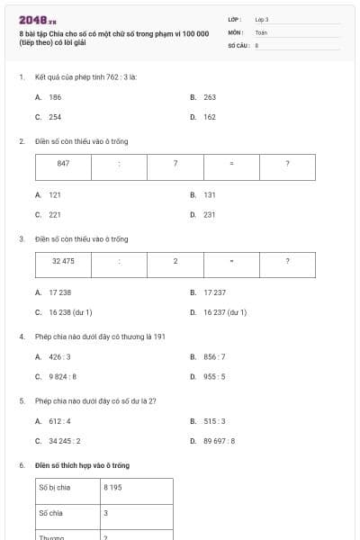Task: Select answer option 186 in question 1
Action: coord(55,96)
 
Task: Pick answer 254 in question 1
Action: coord(55,117)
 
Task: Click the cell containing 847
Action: coord(63,164)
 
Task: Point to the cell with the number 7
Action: coord(175,164)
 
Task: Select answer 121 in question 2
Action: coord(55,194)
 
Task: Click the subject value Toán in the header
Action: coord(261,31)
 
